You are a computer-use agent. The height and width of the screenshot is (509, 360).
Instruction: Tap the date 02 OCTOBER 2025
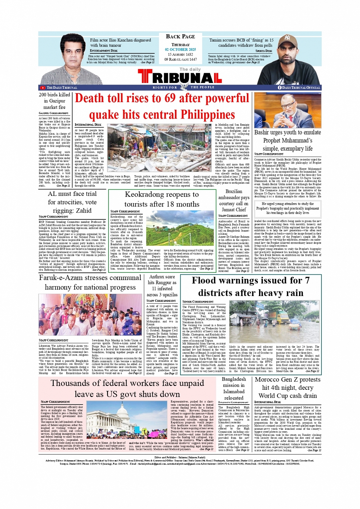point(180,50)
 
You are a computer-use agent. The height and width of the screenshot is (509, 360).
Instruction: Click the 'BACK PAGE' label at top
point(180,37)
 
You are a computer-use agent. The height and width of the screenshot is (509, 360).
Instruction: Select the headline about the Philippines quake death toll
point(162,106)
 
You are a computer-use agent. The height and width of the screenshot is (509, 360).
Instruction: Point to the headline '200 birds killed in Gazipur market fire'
point(54,101)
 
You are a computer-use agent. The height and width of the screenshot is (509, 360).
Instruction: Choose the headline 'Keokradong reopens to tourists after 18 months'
point(162,199)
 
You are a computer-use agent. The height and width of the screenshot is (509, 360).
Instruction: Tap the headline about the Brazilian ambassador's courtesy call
point(234,200)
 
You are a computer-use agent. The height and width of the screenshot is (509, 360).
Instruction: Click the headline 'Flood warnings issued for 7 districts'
point(251,287)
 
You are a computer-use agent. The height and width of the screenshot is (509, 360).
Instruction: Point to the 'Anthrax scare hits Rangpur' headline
point(162,286)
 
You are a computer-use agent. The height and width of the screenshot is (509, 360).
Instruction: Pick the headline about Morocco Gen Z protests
point(288,387)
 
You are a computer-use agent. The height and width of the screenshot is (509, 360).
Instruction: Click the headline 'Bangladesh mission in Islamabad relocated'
point(234,388)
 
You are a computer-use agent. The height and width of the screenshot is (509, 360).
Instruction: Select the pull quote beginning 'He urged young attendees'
point(288,208)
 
